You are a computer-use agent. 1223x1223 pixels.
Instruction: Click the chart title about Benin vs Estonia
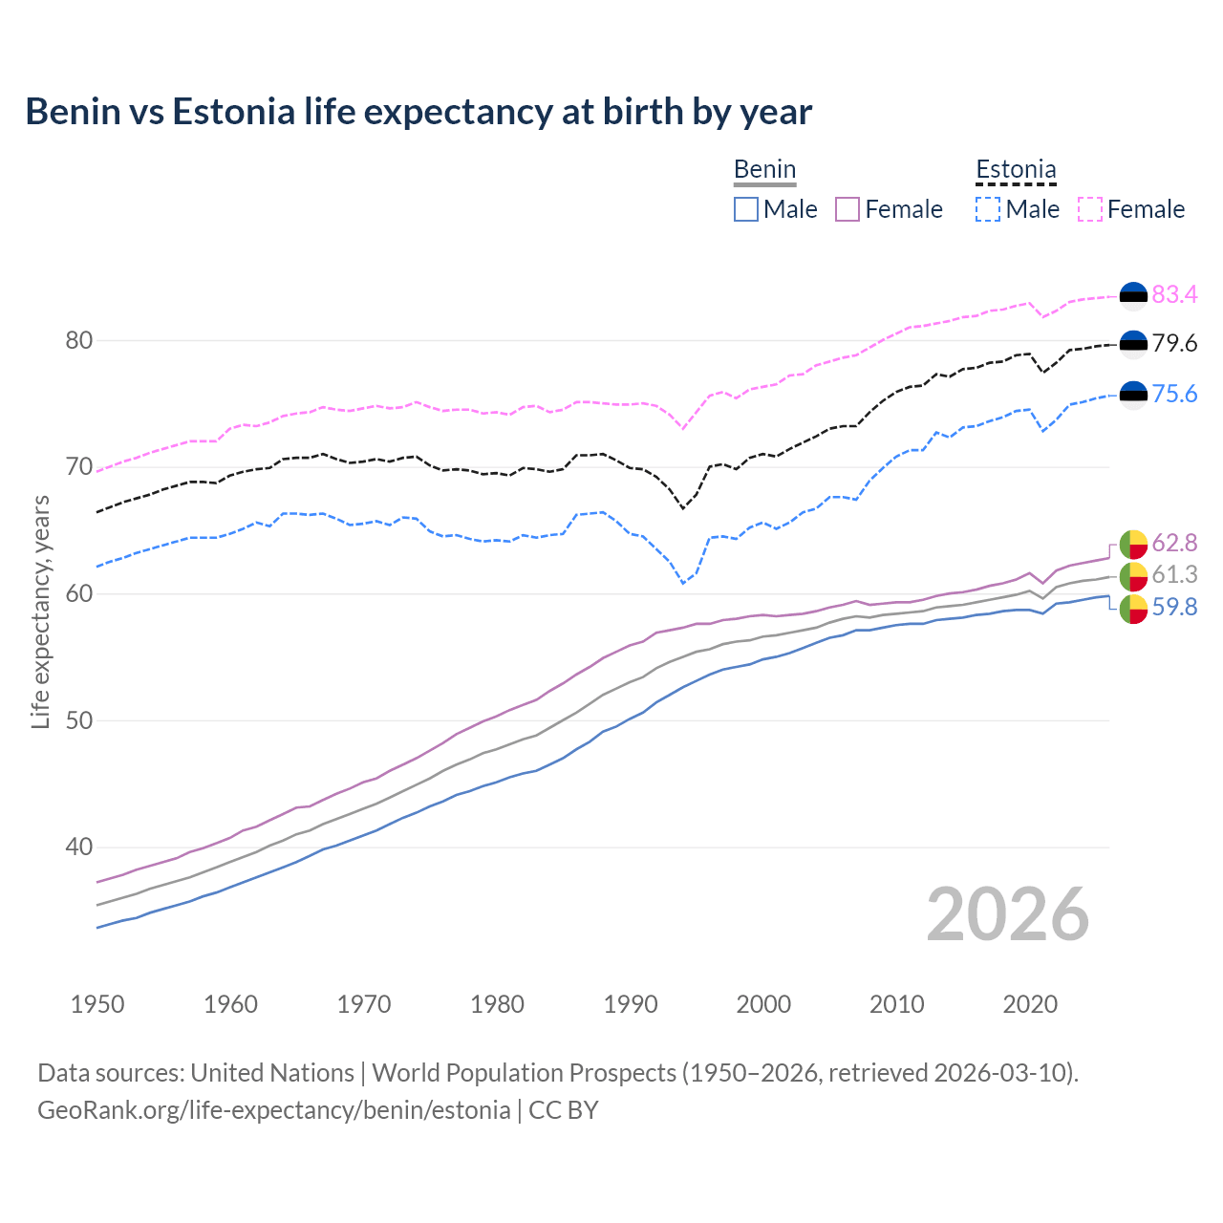(x=418, y=112)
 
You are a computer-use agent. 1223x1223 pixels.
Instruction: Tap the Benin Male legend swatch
(x=746, y=209)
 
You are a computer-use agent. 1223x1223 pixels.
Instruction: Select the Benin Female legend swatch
(x=848, y=209)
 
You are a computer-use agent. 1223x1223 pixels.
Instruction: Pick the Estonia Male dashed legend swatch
(x=988, y=209)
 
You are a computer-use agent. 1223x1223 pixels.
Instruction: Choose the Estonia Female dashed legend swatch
(x=1090, y=209)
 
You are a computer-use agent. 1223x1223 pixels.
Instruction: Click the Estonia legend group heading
(x=1016, y=170)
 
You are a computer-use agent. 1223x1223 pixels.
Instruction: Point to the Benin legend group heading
(x=764, y=170)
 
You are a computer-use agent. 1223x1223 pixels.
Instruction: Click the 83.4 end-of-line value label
(x=1174, y=294)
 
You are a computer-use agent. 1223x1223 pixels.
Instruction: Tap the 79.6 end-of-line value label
(x=1174, y=343)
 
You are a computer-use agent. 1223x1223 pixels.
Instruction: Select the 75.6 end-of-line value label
(x=1174, y=394)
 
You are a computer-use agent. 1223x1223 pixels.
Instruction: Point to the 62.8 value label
(x=1174, y=543)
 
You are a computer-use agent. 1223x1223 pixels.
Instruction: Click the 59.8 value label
(x=1174, y=607)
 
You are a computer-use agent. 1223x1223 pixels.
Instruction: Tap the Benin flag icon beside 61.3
(x=1133, y=575)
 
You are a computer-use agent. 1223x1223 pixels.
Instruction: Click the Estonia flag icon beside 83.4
(x=1133, y=296)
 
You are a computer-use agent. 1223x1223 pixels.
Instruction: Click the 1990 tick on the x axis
(x=631, y=1004)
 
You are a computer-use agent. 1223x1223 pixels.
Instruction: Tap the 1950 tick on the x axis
(x=97, y=1004)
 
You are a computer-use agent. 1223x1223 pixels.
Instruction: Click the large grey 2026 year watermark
(x=1007, y=914)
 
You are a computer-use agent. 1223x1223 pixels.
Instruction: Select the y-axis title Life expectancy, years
(x=41, y=611)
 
